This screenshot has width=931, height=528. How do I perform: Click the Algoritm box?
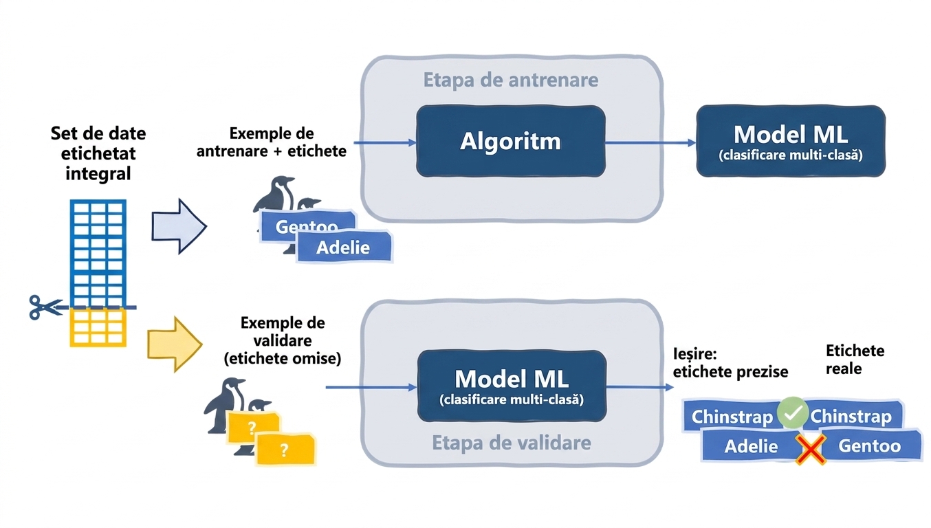(x=510, y=141)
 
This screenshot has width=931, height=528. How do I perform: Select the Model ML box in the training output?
(x=791, y=141)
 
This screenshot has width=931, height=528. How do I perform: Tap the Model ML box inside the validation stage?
(x=512, y=386)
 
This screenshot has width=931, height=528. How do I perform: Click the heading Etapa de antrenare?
(x=511, y=80)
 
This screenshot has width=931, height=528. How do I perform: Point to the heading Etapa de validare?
(x=511, y=443)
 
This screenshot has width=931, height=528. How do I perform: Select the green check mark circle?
(x=793, y=412)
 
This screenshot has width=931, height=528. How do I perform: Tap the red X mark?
(x=810, y=449)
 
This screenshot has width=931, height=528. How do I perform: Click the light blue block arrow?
(x=179, y=226)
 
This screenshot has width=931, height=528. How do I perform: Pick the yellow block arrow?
(x=175, y=344)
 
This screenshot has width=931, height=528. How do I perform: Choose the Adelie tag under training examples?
(x=344, y=247)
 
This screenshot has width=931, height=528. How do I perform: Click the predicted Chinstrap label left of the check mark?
(x=732, y=416)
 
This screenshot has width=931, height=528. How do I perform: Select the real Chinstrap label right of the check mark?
(x=852, y=416)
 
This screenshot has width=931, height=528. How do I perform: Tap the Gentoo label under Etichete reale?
(x=870, y=445)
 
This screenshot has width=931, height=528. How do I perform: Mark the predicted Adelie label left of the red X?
(x=751, y=446)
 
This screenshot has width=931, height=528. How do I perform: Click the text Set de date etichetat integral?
(x=98, y=153)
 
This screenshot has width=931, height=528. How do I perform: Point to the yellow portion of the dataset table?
(x=98, y=328)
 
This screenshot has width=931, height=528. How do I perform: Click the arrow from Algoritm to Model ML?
(x=651, y=142)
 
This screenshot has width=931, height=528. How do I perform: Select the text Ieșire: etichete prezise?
(x=730, y=363)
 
